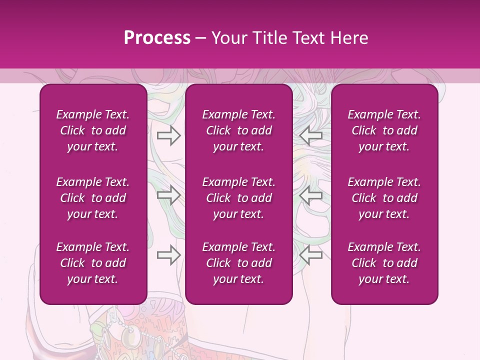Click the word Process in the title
157,38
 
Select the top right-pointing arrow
168,135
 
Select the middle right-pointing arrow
168,195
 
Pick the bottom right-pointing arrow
168,255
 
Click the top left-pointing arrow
310,135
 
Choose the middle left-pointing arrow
310,195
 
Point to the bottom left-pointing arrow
310,255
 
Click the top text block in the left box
93,130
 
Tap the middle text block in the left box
93,198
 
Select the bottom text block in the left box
93,263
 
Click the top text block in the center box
239,130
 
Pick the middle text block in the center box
239,198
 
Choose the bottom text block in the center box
239,263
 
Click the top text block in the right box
384,130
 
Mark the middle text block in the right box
384,198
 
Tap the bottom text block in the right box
384,263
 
